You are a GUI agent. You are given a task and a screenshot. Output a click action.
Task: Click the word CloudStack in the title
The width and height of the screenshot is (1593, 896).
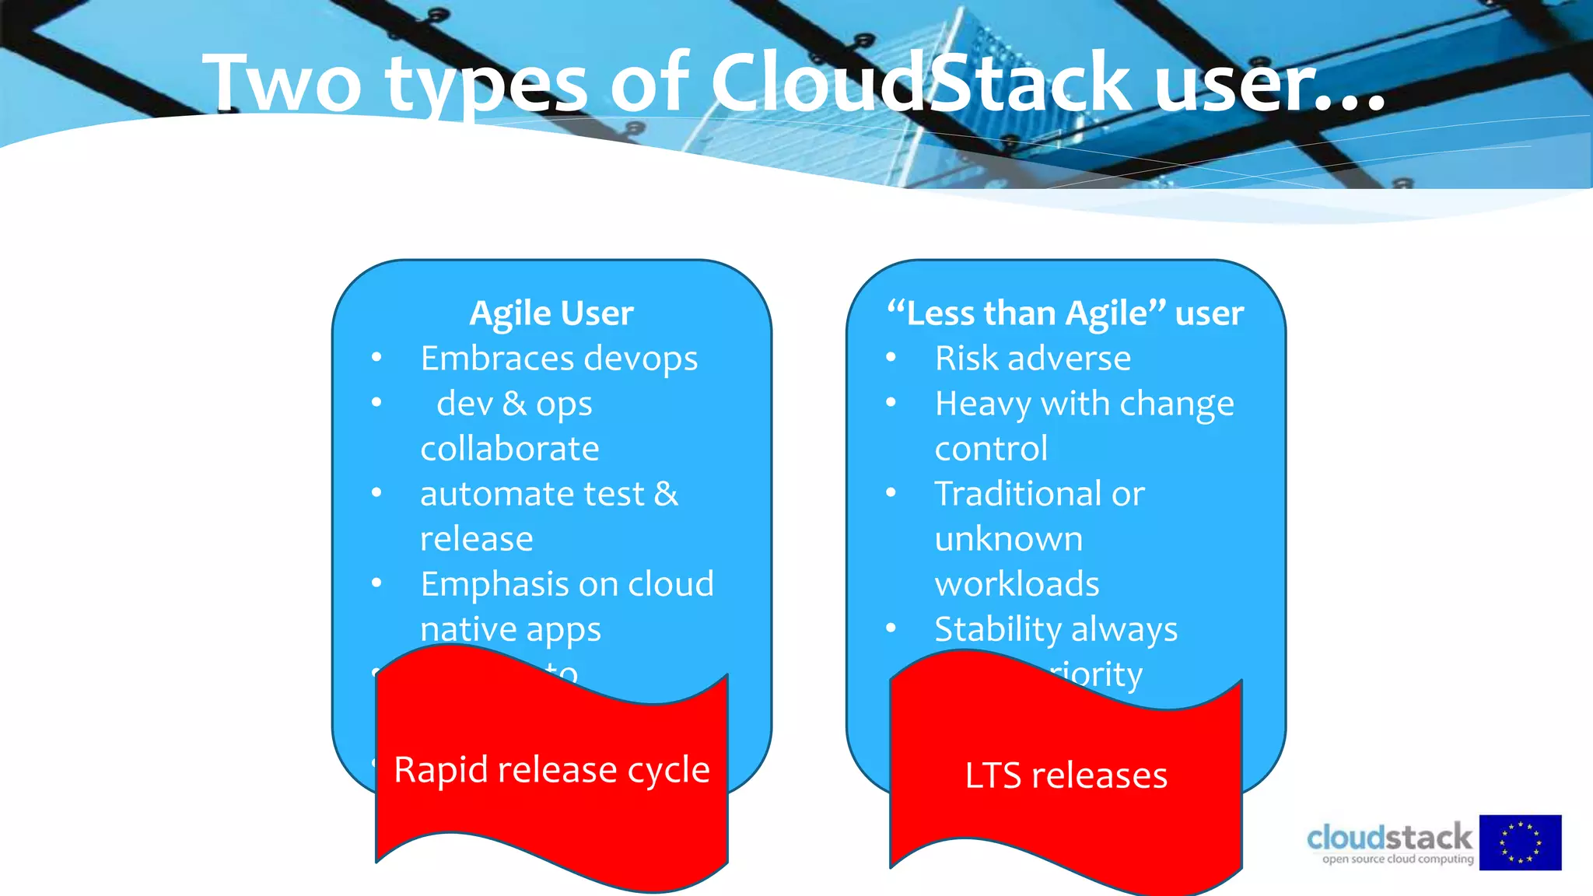click(921, 82)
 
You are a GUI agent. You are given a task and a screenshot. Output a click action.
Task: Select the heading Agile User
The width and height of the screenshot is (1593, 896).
click(551, 313)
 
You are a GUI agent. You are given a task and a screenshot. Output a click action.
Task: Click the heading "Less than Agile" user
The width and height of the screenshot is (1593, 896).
click(1065, 313)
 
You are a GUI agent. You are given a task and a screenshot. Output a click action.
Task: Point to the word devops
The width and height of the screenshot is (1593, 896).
click(641, 359)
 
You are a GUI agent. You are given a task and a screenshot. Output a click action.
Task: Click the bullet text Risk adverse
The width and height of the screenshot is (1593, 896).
click(1032, 359)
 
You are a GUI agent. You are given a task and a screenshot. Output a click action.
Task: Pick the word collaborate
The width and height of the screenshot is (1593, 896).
click(509, 449)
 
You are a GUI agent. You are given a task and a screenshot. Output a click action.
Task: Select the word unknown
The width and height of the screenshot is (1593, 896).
click(1008, 539)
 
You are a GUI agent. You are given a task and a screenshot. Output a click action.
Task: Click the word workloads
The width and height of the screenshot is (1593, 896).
click(1017, 584)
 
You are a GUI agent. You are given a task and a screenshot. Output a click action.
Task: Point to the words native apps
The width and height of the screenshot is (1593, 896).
click(510, 630)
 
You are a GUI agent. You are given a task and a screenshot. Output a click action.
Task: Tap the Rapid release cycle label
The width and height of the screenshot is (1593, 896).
click(551, 770)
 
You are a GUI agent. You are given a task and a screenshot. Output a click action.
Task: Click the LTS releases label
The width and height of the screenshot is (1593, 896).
click(1066, 775)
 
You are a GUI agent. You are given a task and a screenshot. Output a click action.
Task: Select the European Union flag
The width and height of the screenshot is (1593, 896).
click(1520, 842)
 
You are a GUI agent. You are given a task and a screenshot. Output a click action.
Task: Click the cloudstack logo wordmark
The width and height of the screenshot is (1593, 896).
click(1389, 838)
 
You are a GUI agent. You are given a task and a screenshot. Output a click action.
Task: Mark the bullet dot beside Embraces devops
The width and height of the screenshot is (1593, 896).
click(376, 358)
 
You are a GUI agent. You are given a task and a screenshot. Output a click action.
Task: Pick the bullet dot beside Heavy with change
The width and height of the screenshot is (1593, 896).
click(891, 403)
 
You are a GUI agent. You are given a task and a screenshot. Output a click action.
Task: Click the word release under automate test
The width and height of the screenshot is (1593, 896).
click(476, 539)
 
